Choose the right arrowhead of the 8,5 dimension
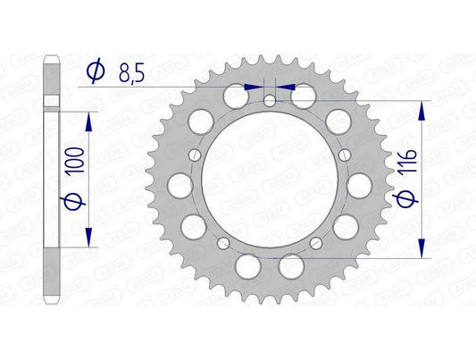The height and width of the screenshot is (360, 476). pyautogui.click(x=287, y=88)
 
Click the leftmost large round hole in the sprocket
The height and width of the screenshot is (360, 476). pyautogui.click(x=180, y=185)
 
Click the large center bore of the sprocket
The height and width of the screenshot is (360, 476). pyautogui.click(x=268, y=179)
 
